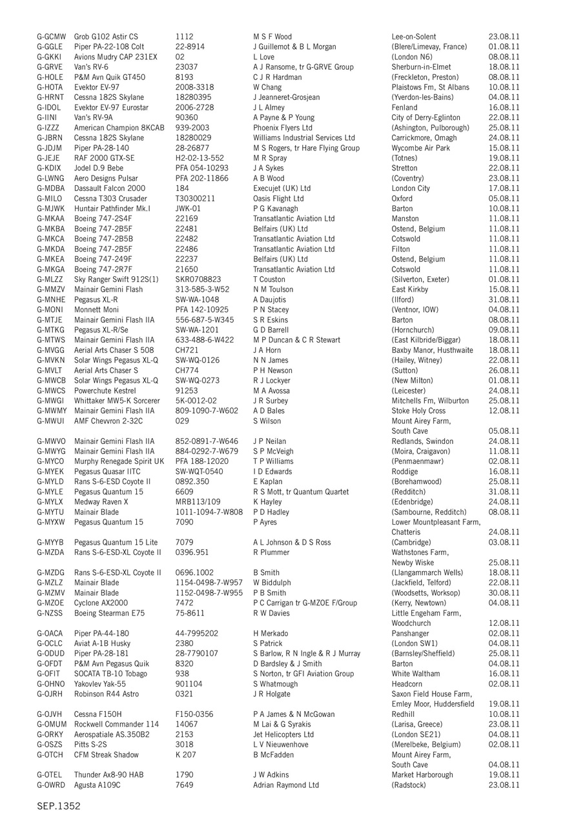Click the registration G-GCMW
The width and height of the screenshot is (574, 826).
click(51, 37)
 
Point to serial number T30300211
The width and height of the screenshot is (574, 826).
click(195, 199)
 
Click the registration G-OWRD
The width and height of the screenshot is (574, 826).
click(52, 785)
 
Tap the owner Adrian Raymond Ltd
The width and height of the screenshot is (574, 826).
click(286, 785)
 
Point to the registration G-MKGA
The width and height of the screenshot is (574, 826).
click(51, 269)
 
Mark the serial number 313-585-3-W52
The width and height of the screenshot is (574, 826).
click(202, 290)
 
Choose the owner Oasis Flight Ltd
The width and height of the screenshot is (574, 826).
click(278, 199)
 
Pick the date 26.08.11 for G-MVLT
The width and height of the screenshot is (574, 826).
click(504, 370)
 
